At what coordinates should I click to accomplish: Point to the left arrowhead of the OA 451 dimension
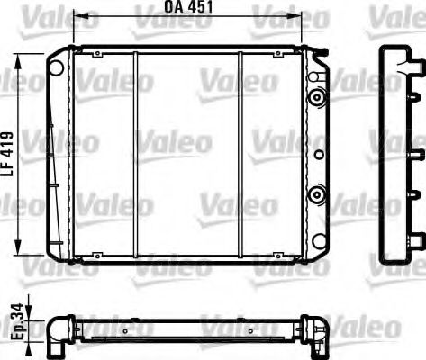pos(76,17)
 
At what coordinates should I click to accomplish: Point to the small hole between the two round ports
pos(316,154)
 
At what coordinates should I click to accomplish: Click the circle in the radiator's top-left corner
pos(57,67)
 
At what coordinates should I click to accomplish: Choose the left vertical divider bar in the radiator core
pos(133,155)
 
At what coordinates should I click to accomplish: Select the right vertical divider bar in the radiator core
pos(240,155)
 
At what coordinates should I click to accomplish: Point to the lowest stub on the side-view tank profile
pos(416,238)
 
